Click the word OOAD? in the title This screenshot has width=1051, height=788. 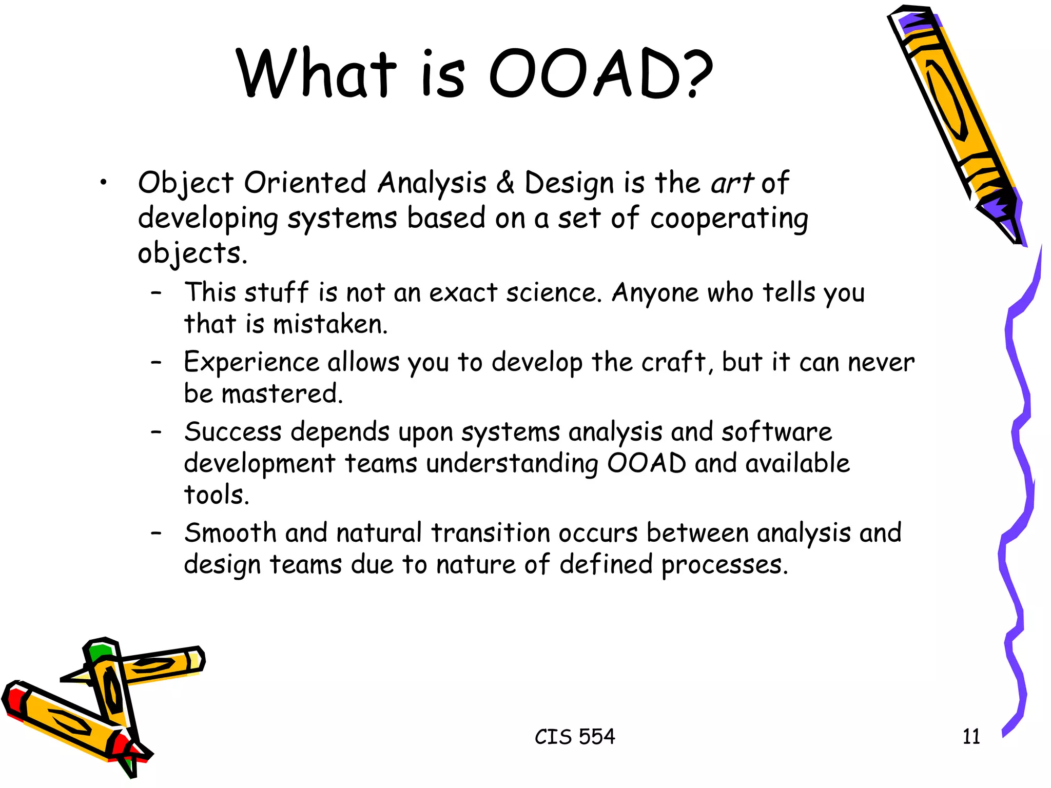click(x=600, y=73)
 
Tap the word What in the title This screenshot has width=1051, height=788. click(x=316, y=73)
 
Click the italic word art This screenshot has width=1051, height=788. click(x=731, y=183)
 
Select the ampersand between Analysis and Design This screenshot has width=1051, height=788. click(x=505, y=183)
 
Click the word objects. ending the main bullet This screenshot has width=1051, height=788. click(x=192, y=253)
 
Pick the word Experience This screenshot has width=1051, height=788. click(x=251, y=363)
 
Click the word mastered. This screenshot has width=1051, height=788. click(x=282, y=395)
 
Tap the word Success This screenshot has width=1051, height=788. click(x=233, y=432)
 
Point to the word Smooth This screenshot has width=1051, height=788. click(x=230, y=533)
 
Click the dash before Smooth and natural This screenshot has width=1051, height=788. click(x=157, y=533)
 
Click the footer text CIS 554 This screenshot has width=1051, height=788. click(x=575, y=737)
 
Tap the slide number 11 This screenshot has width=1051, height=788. click(x=971, y=737)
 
